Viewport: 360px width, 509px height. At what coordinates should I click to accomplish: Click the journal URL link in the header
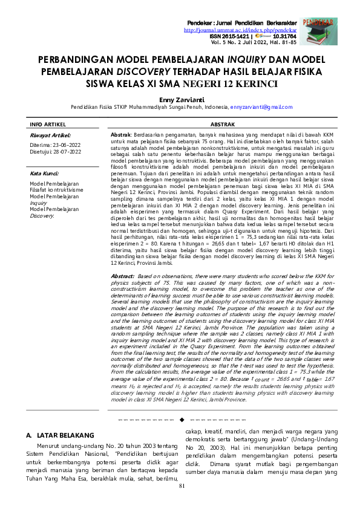tap(240, 30)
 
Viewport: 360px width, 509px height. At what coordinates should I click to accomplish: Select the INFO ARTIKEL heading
tap(48, 124)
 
